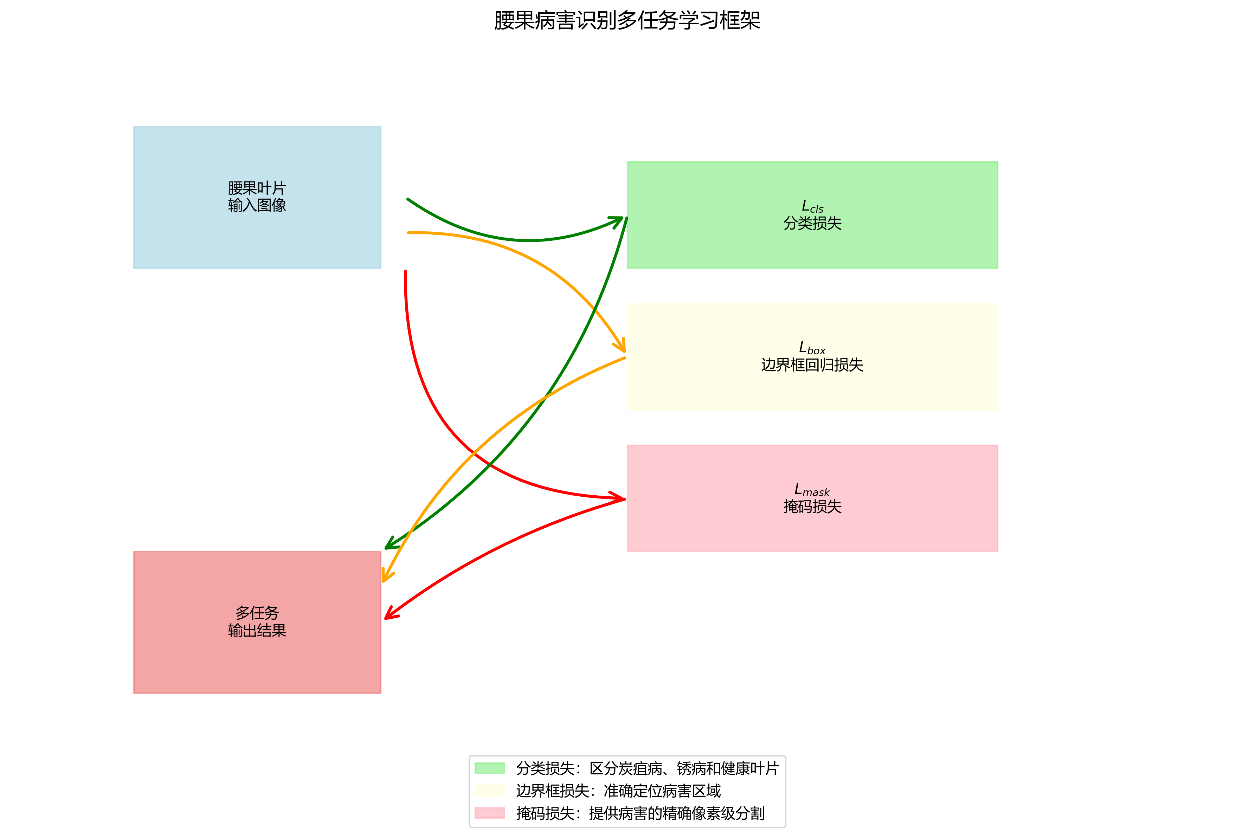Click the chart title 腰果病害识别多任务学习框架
coord(627,21)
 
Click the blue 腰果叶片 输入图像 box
coord(257,197)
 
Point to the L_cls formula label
coord(812,206)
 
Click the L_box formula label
coord(812,348)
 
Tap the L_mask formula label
coord(812,490)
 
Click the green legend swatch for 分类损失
coord(490,768)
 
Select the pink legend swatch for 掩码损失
coord(490,813)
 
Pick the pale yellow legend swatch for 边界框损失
coord(490,791)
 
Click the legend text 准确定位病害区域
coord(662,791)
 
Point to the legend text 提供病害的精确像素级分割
coord(677,813)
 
